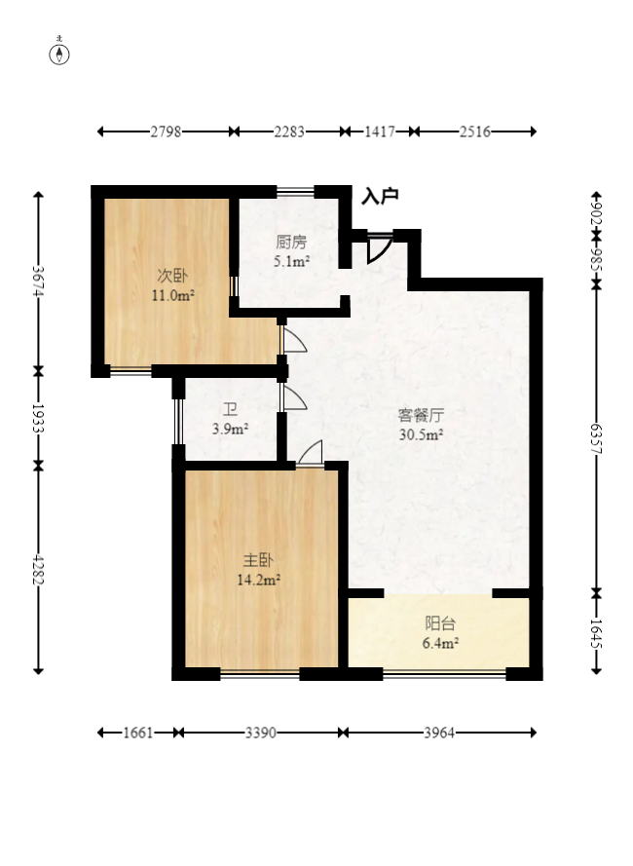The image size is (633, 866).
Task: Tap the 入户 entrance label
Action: pos(380,197)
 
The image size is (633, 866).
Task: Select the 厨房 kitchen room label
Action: pos(291,243)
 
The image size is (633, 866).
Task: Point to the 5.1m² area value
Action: pos(291,261)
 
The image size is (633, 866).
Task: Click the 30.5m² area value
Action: pos(421,434)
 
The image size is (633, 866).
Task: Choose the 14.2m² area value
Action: pos(258,580)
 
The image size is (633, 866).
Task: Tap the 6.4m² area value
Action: pos(440,643)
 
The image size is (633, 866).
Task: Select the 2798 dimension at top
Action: pos(166,132)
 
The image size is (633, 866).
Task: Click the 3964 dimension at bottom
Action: pos(438,733)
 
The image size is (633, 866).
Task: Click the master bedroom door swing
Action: pos(312,453)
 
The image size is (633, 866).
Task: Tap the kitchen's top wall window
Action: pos(295,191)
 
